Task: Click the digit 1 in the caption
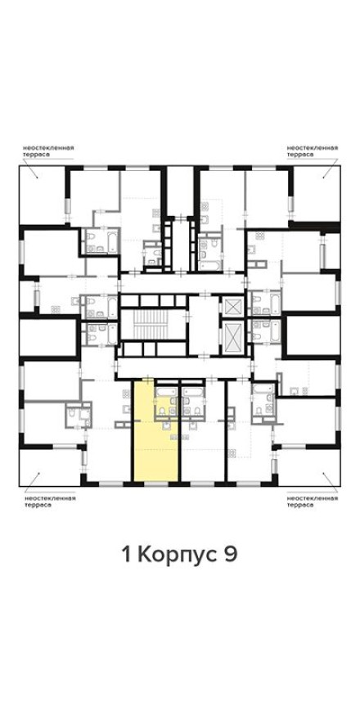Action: point(126,555)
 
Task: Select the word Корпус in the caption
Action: point(177,555)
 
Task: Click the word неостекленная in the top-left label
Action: point(48,147)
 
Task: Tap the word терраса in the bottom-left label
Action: point(37,505)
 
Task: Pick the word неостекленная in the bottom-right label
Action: point(312,497)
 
